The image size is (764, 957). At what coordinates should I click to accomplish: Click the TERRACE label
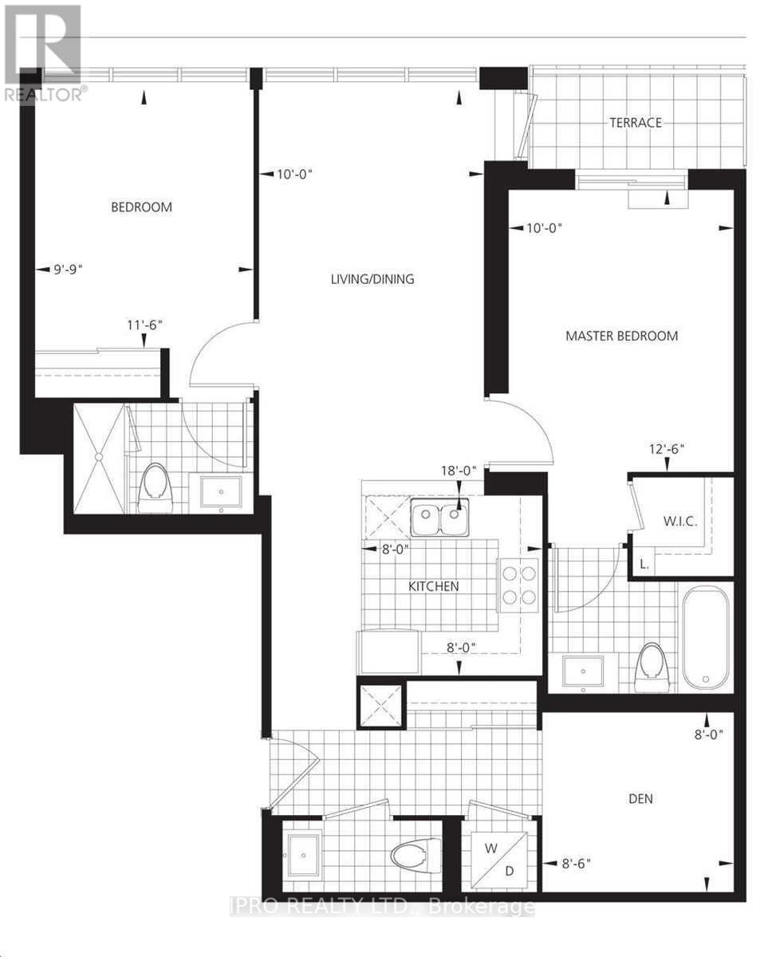pos(636,123)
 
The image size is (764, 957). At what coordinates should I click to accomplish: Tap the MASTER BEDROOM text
pos(621,336)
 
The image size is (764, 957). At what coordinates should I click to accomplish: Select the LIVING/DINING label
pos(373,279)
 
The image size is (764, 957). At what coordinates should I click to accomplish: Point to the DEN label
pos(640,798)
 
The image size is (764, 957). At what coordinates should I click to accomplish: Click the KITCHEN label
pos(433,586)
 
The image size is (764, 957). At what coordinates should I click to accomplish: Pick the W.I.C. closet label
pos(680,522)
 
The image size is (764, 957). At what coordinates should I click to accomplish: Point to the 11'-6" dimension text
pos(144,325)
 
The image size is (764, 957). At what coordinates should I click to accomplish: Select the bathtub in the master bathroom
pos(706,636)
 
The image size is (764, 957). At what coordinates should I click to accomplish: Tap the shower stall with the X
pos(99,457)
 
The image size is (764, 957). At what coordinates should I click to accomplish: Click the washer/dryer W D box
pos(499,855)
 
